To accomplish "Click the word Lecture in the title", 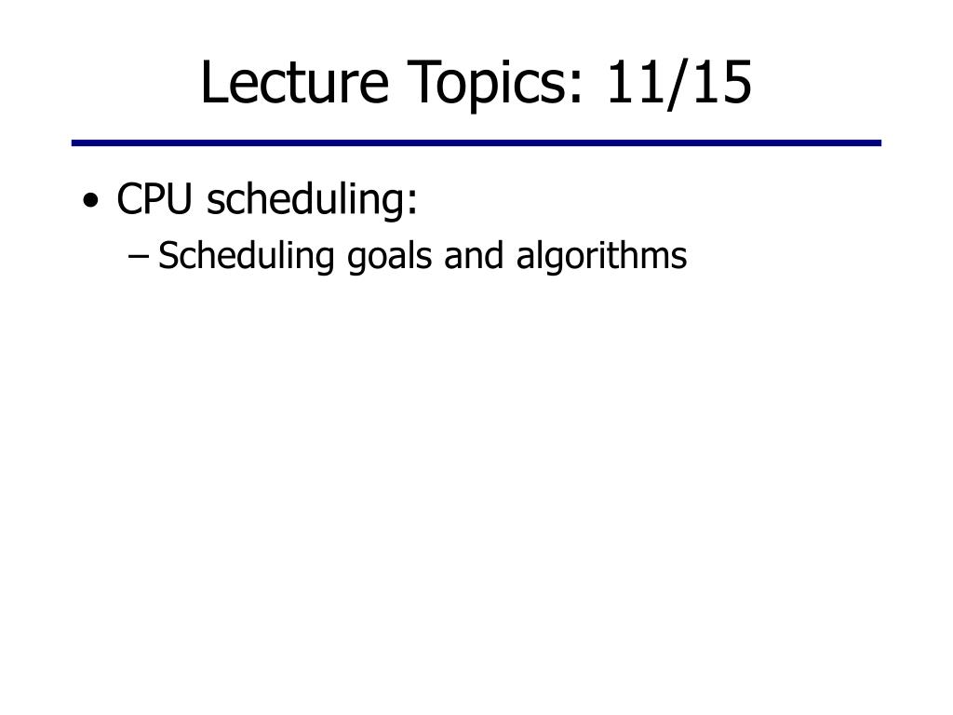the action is pos(295,82).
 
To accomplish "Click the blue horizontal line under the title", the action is pos(476,142).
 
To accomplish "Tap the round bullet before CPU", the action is pos(90,200).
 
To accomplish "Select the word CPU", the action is pos(154,198).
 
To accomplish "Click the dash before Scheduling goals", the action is pos(139,256).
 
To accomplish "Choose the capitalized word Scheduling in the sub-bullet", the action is pos(246,255).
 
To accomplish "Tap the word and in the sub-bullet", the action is pos(474,255).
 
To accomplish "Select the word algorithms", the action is pos(602,255).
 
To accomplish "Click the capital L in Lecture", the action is pos(213,82).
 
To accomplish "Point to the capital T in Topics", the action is pos(423,82).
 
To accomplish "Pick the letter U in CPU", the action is pos(179,199).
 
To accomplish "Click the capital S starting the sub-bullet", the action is pos(168,255).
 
